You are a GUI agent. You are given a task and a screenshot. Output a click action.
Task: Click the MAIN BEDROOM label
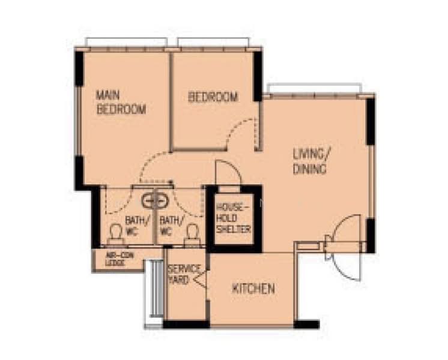(121, 102)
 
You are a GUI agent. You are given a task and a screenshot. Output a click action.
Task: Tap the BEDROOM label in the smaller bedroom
(213, 97)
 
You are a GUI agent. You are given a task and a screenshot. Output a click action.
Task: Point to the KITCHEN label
(253, 289)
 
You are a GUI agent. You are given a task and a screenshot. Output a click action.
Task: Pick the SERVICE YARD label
(179, 274)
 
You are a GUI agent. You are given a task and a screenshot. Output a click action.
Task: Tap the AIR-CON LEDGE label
(115, 260)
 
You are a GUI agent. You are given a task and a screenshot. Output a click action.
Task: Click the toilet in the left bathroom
(115, 235)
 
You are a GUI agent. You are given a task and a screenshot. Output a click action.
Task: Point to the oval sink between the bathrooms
(155, 200)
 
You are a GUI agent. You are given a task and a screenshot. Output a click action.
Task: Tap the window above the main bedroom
(126, 42)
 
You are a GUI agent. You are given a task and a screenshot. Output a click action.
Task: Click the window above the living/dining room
(315, 89)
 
